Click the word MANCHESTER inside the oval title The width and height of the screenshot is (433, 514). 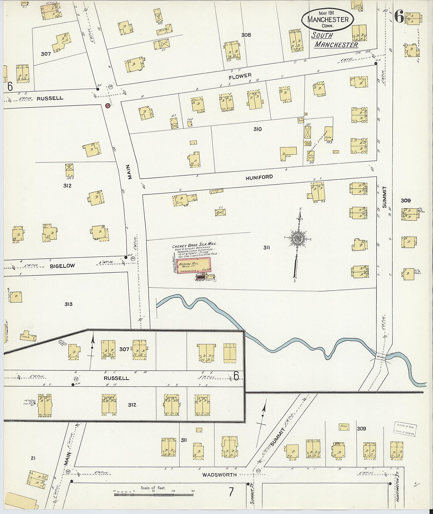[328, 20]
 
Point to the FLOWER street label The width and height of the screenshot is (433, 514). [240, 76]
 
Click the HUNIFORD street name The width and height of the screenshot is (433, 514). [259, 177]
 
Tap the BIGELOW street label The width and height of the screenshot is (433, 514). [62, 266]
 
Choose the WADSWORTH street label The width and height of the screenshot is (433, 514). [219, 474]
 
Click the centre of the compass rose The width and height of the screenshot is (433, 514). [297, 238]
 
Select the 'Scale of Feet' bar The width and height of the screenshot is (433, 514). [154, 494]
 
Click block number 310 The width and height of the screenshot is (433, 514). [257, 129]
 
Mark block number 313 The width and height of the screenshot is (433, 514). [68, 304]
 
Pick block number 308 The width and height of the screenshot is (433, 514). [246, 35]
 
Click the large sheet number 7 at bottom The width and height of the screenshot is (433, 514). [231, 492]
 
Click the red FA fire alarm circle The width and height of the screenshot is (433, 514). [108, 106]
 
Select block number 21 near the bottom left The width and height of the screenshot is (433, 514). [33, 458]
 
